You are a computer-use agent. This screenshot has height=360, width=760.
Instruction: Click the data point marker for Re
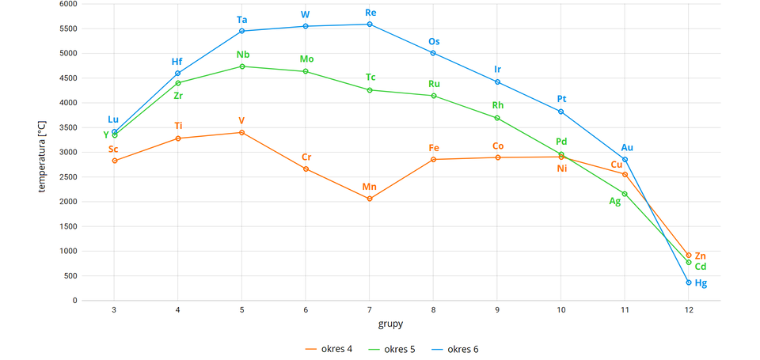pos(370,25)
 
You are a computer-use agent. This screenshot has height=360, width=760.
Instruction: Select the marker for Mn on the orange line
pos(370,199)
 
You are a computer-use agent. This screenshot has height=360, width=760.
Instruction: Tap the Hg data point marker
pos(689,282)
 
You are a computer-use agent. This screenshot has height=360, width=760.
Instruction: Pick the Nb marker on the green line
pos(242,66)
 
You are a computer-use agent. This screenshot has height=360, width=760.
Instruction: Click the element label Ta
pos(242,20)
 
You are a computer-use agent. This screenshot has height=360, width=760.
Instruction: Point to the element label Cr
pos(306,157)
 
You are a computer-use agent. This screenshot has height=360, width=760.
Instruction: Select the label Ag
pos(615,201)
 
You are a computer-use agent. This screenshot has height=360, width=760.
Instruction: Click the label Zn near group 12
pos(701,256)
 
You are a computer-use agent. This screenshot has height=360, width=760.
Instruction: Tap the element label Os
pos(434,41)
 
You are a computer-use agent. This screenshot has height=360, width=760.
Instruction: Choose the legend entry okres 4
pos(329,348)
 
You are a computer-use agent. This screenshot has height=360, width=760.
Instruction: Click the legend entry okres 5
pos(393,348)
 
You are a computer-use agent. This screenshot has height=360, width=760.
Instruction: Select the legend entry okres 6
pos(455,348)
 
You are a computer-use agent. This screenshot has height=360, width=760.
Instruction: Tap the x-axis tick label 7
pos(370,309)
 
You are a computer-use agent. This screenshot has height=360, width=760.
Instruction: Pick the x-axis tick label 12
pos(689,309)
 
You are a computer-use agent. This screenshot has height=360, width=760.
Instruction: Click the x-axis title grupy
pos(390,324)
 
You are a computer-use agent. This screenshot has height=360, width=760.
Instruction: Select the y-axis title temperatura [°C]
pos(44,152)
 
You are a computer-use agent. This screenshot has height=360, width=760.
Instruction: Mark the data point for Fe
pos(434,160)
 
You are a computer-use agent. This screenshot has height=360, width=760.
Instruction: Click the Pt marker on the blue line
pos(561,112)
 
